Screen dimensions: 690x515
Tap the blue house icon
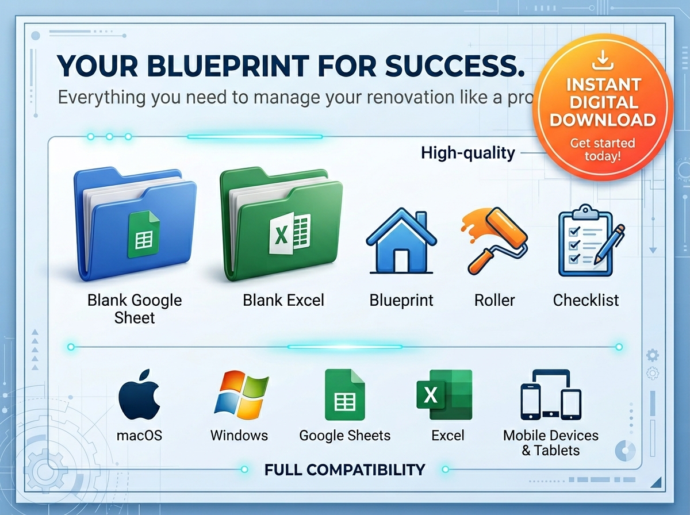coord(401,240)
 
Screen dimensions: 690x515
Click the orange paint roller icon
coord(494,240)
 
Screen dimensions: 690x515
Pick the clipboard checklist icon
coord(591,240)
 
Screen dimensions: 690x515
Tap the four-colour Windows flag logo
coord(241,394)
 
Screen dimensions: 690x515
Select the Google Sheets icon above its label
coord(345,395)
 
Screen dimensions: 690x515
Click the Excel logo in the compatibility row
coord(444,395)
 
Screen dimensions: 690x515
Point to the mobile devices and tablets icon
coord(551,395)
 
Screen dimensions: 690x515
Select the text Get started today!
coord(603,149)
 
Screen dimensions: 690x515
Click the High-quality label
coord(467,153)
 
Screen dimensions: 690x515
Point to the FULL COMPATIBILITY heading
coord(345,470)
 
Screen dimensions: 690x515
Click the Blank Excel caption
coord(283,300)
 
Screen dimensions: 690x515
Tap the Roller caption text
coord(494,300)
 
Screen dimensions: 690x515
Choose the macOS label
coord(139,436)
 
